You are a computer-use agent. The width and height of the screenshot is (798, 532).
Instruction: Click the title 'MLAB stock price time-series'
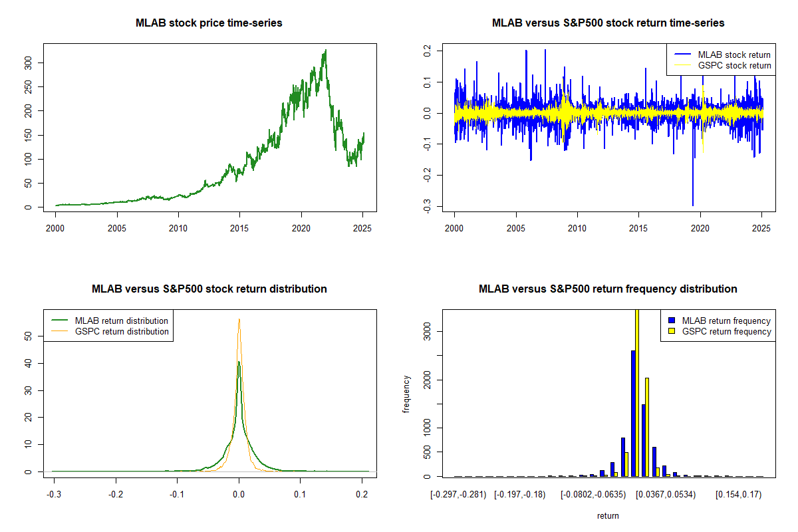point(209,23)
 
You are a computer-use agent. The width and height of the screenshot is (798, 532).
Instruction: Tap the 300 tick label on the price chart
point(28,63)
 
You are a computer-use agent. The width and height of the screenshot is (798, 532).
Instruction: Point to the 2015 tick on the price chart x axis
point(239,228)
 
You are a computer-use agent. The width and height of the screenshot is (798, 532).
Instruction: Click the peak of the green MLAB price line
point(326,51)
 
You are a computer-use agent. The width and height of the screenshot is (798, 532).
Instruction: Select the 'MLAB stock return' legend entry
point(722,55)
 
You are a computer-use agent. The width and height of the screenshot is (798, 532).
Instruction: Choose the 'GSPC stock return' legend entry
point(722,65)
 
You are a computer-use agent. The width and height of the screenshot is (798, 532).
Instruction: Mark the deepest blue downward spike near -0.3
point(693,205)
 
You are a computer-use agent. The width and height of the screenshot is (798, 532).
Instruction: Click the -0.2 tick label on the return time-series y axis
point(427,176)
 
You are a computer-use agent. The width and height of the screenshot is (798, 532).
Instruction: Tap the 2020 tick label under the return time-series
point(700,228)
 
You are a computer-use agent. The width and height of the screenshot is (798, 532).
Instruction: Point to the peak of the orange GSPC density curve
point(239,319)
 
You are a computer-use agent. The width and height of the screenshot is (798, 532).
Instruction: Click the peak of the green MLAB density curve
point(239,362)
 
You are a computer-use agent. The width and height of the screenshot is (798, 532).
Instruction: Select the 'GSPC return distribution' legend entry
point(110,331)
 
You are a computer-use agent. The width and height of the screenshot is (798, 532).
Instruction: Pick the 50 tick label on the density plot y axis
point(28,336)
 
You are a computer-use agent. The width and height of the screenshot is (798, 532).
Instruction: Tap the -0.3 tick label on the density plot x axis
point(54,495)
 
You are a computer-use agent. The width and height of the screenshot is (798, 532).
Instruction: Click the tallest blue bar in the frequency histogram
point(633,414)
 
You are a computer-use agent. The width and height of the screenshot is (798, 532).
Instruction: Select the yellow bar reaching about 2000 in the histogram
point(647,427)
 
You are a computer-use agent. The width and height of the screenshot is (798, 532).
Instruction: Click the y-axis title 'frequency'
point(406,394)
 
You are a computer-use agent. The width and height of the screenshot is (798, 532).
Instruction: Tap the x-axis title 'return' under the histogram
point(608,515)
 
